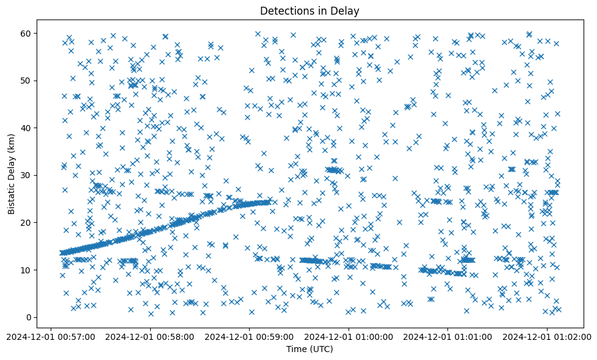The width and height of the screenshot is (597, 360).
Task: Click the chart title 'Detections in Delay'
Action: pyautogui.click(x=309, y=10)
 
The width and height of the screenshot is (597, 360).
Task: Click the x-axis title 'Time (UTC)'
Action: pyautogui.click(x=309, y=349)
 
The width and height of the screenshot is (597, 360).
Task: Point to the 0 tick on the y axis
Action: pyautogui.click(x=28, y=317)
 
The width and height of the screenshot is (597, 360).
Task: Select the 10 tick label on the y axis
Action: pyautogui.click(x=26, y=270)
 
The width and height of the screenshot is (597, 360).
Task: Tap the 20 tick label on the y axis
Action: pyautogui.click(x=26, y=223)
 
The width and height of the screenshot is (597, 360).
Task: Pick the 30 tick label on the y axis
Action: pyautogui.click(x=26, y=175)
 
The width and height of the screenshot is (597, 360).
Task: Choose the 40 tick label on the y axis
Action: pyautogui.click(x=26, y=128)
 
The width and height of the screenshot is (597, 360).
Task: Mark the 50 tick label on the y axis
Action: pyautogui.click(x=26, y=81)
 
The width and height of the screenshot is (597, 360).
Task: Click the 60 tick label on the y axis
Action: pyautogui.click(x=26, y=33)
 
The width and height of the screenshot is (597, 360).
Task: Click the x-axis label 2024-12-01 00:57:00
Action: pyautogui.click(x=51, y=336)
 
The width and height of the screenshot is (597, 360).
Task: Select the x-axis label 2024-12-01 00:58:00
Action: pyautogui.click(x=150, y=336)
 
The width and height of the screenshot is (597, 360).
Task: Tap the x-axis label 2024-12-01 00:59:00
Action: pyautogui.click(x=250, y=336)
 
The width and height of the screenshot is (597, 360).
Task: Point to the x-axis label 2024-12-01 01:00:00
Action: pyautogui.click(x=349, y=336)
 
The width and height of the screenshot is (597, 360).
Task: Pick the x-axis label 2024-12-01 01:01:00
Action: pyautogui.click(x=448, y=336)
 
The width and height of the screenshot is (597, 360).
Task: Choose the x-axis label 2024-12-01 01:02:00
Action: pyautogui.click(x=548, y=336)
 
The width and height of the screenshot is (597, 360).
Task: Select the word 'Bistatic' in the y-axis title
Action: pyautogui.click(x=12, y=195)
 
